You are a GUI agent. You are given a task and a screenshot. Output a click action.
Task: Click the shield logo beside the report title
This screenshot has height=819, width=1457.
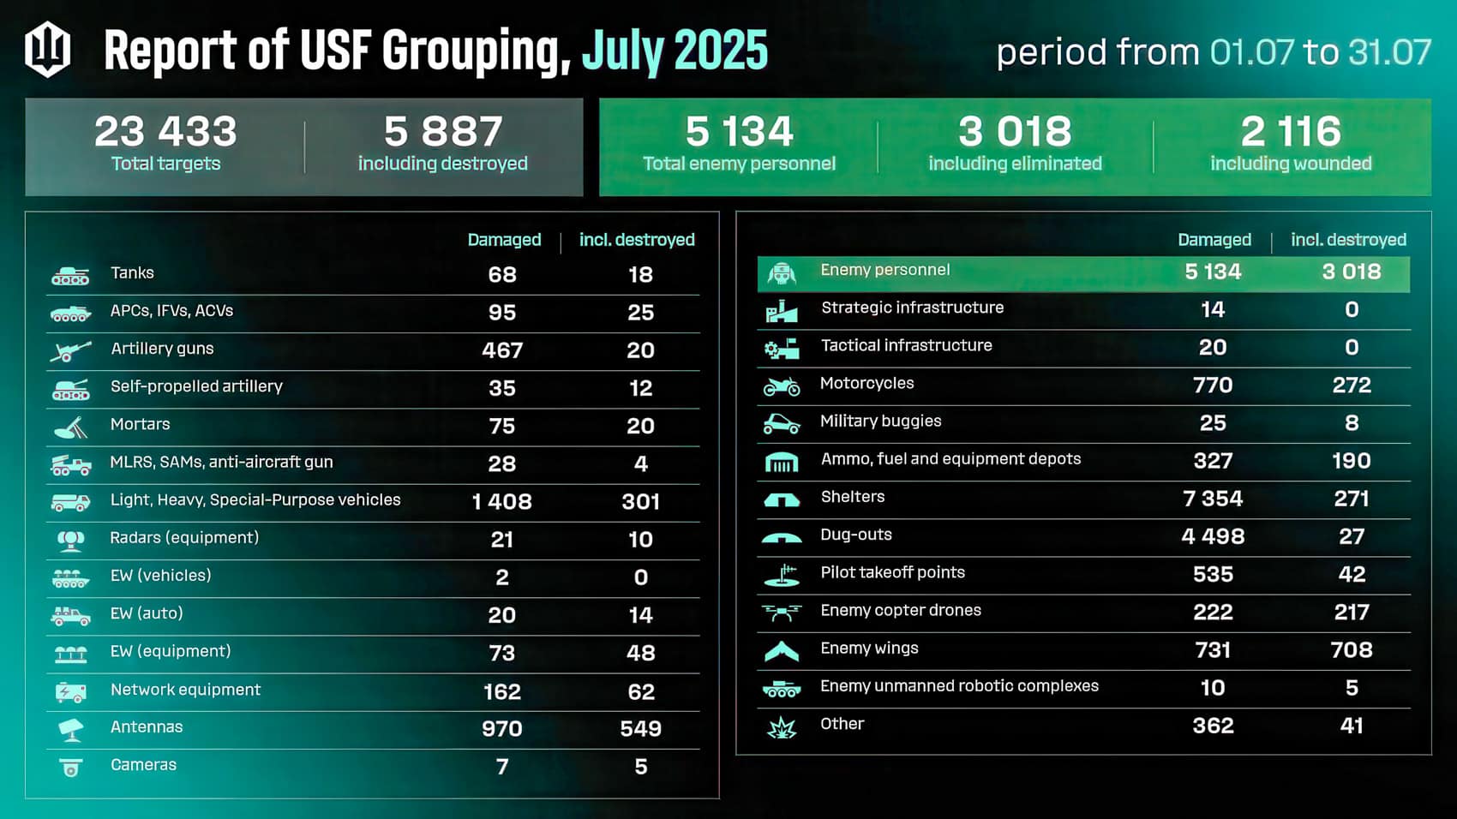[x=47, y=50]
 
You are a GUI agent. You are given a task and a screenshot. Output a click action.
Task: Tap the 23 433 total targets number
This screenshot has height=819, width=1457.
[x=165, y=131]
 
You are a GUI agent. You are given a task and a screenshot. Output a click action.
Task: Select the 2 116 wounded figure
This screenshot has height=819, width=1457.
[x=1290, y=131]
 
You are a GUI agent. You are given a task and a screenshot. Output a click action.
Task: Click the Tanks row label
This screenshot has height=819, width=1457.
[x=132, y=273]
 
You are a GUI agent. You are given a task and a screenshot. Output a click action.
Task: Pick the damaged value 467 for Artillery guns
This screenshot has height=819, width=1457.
[x=502, y=350]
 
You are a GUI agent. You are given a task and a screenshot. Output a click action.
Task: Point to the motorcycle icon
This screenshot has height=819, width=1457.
[x=781, y=386]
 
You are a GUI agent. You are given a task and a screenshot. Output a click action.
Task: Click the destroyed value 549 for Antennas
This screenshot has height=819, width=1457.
[x=640, y=729]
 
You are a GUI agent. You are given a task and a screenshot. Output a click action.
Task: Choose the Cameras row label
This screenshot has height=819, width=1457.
[x=143, y=765]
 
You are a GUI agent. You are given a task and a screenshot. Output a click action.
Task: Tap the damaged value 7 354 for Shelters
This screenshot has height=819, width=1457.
[x=1213, y=499]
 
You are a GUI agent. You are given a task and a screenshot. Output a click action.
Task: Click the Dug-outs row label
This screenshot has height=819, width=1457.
[x=855, y=535]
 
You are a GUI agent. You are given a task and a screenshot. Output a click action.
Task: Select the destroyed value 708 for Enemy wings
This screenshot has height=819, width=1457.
[x=1352, y=650]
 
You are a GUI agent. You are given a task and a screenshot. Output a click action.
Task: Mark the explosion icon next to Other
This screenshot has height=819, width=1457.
[x=781, y=728]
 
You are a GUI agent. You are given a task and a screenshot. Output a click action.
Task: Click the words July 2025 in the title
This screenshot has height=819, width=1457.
[x=675, y=51]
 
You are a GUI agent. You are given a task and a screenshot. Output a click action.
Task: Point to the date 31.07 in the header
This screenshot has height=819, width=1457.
[x=1389, y=52]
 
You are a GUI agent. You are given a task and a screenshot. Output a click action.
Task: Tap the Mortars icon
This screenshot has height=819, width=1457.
[x=70, y=426]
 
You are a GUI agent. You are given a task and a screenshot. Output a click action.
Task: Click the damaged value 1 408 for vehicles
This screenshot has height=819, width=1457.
[x=502, y=502]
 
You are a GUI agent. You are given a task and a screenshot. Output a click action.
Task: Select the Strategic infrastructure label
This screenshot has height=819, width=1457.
[x=912, y=308]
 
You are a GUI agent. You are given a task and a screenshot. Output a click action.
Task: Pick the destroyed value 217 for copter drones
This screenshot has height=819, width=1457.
[x=1352, y=613]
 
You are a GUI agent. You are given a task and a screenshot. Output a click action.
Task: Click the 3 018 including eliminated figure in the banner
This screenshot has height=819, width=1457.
[x=1015, y=131]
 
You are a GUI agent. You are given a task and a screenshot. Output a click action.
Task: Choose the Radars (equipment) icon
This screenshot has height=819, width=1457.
[x=70, y=540]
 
